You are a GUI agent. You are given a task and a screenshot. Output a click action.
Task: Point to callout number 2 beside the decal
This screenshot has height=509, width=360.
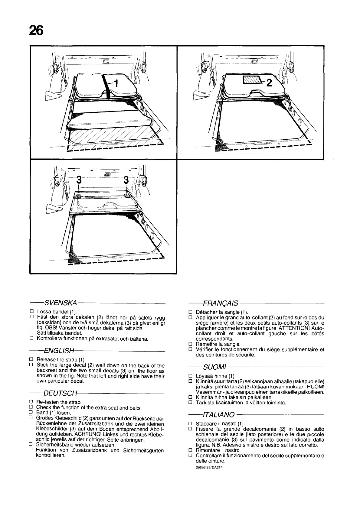269,83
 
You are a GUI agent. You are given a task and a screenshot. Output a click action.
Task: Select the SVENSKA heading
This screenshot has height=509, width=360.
61,303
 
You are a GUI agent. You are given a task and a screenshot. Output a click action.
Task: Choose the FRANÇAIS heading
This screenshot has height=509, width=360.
221,303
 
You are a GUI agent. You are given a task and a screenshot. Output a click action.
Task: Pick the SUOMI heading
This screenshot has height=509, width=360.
215,367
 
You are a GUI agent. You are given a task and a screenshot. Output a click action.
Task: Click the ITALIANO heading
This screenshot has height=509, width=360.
219,414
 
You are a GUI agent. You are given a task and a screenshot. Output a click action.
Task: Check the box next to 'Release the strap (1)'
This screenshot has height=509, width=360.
31,360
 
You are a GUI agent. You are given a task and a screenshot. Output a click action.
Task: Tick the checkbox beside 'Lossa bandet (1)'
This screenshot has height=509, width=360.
31,312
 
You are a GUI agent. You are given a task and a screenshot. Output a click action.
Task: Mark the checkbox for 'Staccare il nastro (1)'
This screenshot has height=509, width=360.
190,423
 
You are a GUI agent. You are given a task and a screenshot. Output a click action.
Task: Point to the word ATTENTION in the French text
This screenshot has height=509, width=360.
296,328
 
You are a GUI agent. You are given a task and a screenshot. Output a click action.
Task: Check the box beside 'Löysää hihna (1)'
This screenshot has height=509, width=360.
190,376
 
